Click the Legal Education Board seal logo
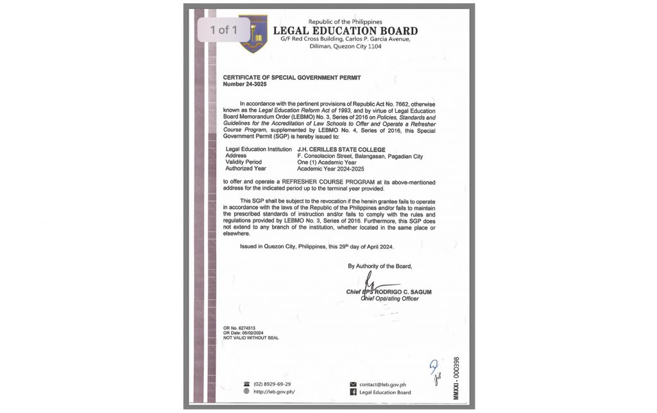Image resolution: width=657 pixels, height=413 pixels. pyautogui.click(x=253, y=33)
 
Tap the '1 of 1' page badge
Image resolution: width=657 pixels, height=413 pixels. pyautogui.click(x=223, y=29)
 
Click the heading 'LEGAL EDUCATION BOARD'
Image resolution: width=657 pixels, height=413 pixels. pyautogui.click(x=345, y=31)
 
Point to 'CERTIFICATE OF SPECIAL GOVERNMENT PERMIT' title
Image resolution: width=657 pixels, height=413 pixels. pyautogui.click(x=292, y=77)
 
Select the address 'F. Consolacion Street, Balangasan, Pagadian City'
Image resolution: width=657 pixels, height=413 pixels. pyautogui.click(x=359, y=155)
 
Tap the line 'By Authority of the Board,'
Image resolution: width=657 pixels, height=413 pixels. pyautogui.click(x=380, y=265)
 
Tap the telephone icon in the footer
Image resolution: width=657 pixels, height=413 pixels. pyautogui.click(x=246, y=384)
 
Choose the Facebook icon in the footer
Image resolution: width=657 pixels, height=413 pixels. pyautogui.click(x=352, y=392)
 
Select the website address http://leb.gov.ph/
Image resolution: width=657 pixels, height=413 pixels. pyautogui.click(x=275, y=392)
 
